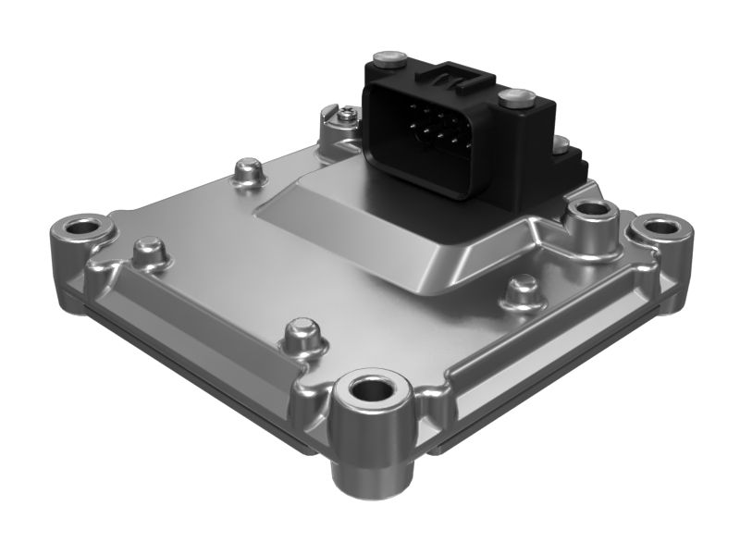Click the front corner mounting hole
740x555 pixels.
(x=374, y=389)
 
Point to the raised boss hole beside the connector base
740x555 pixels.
(x=590, y=214)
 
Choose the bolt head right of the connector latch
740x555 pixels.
(x=515, y=96)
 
